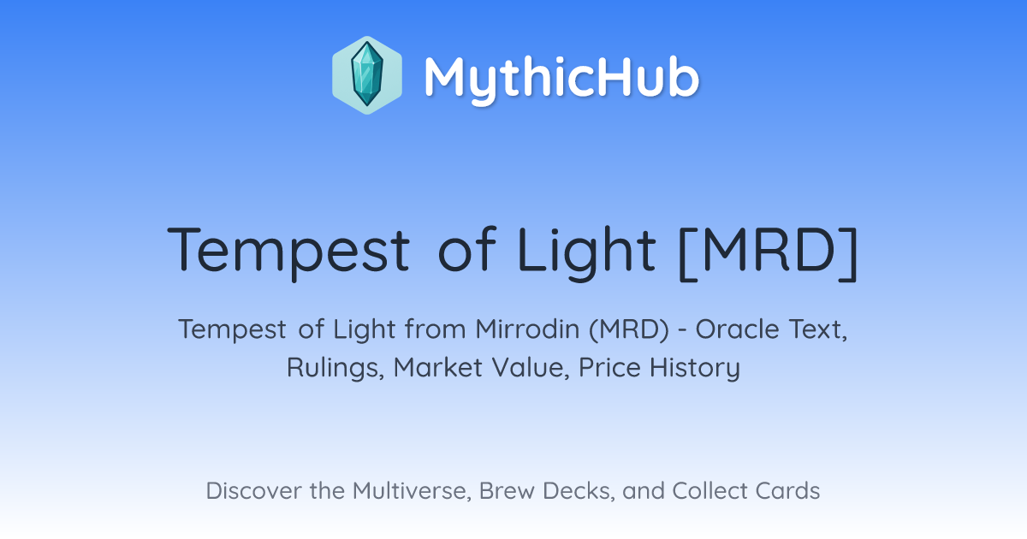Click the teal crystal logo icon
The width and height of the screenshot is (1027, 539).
(367, 75)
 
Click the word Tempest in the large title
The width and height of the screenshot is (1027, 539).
(288, 252)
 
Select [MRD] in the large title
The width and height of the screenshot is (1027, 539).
(768, 253)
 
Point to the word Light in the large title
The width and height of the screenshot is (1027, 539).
(586, 252)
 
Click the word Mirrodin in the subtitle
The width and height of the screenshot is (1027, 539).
(527, 329)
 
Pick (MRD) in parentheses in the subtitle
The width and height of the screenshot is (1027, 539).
(629, 329)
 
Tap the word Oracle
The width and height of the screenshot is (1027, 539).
(737, 329)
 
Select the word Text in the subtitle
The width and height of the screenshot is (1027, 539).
(818, 329)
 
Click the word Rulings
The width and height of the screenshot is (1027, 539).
(335, 368)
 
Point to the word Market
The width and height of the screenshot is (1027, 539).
(438, 368)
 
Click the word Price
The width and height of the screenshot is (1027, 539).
(609, 368)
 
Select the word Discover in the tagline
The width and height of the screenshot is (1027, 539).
(253, 491)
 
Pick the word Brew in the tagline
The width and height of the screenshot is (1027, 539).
(507, 491)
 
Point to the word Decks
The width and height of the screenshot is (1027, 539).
(579, 491)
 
